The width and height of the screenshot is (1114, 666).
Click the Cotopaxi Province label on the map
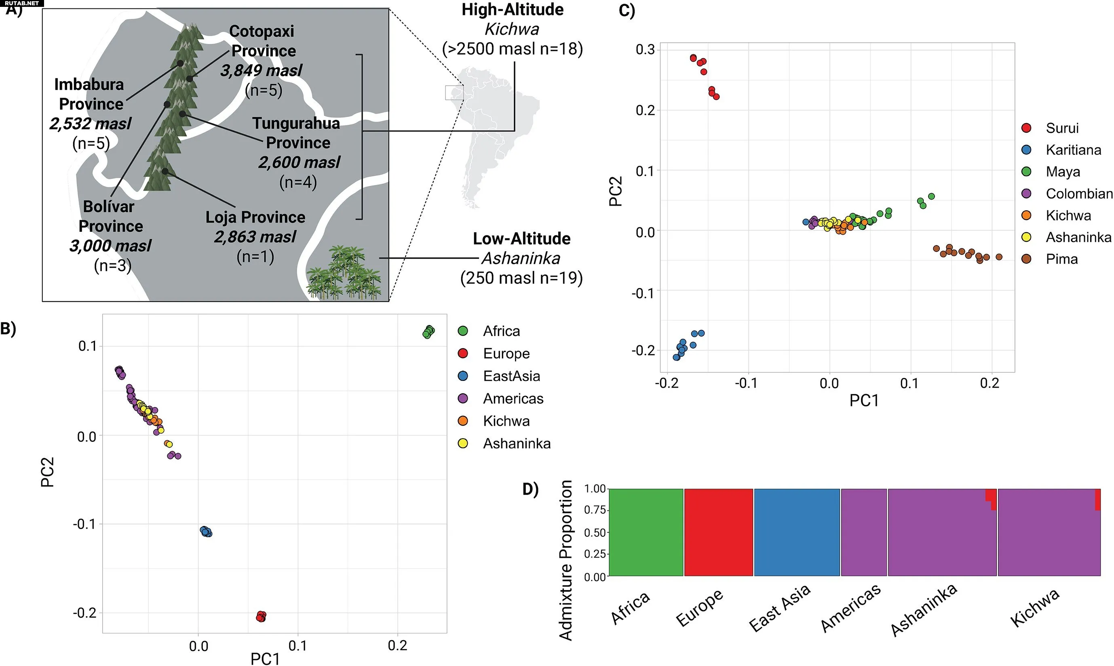[x=262, y=41]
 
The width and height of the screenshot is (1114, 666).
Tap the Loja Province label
[x=255, y=217]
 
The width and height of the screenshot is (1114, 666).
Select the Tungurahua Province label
[x=296, y=132]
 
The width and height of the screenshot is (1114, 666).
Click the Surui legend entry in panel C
[x=1061, y=128]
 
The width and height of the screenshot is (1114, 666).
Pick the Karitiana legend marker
[x=1026, y=150]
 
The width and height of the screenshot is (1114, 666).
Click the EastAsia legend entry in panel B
[x=511, y=376]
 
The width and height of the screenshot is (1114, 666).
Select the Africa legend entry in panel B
[x=501, y=331]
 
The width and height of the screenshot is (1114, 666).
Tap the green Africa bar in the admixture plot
[x=646, y=532]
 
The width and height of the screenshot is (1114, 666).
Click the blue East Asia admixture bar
[x=797, y=532]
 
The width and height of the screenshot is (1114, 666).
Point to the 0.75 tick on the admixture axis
[x=595, y=510]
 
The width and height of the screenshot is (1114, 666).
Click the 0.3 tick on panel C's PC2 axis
[x=645, y=49]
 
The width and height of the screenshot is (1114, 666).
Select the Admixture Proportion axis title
[x=566, y=560]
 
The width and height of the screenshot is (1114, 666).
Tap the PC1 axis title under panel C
[x=863, y=400]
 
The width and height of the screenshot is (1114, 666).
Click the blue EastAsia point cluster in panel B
[x=206, y=532]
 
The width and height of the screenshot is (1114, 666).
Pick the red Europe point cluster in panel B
[x=261, y=616]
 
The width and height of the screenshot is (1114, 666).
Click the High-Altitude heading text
[x=512, y=10]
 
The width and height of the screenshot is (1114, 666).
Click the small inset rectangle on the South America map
[x=454, y=92]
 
